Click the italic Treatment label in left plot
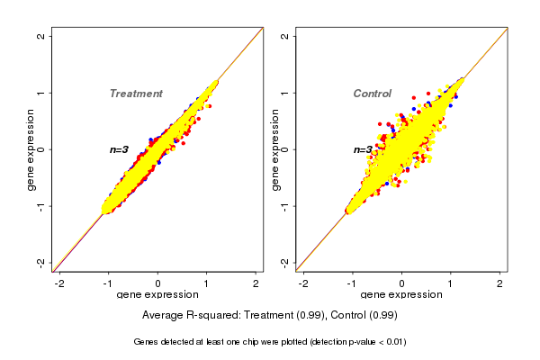136,94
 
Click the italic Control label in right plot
372,94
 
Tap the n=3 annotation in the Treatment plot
120,149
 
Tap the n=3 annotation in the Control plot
363,149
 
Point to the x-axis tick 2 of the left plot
256,283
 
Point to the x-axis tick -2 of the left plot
59,283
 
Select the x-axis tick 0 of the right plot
401,283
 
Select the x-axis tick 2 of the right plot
499,283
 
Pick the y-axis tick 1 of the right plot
285,93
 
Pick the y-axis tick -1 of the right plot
285,206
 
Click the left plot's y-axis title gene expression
31,149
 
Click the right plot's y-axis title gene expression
274,149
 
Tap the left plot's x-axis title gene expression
157,295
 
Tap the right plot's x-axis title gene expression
400,295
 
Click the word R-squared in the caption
211,315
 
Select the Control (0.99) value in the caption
363,315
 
